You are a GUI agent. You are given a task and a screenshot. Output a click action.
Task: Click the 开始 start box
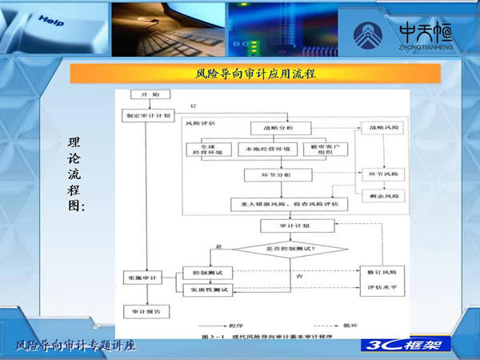click(144, 95)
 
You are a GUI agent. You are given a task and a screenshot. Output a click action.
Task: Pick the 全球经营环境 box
click(210, 150)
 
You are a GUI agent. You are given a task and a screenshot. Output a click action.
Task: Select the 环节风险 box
click(382, 174)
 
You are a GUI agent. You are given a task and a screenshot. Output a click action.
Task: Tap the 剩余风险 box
click(382, 195)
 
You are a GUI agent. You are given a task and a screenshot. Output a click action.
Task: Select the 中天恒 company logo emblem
click(373, 34)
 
